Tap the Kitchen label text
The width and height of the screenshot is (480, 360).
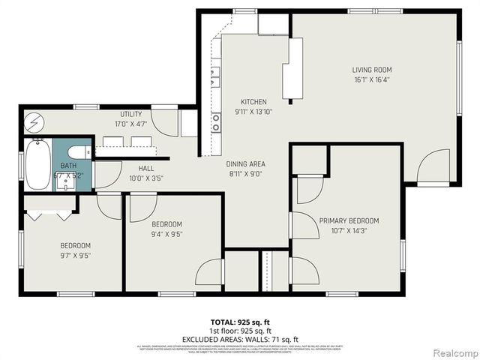(x=253, y=102)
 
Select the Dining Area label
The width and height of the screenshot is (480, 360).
(x=246, y=163)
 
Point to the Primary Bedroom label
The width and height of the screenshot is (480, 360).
(x=349, y=220)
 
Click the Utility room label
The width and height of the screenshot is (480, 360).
(x=131, y=114)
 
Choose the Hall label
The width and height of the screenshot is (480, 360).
(x=145, y=169)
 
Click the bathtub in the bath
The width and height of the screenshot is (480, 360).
(x=38, y=165)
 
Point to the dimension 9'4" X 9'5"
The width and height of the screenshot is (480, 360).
(x=166, y=234)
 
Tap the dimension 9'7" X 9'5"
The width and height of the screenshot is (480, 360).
(x=75, y=255)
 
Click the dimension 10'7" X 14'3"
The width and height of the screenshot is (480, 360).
(x=349, y=230)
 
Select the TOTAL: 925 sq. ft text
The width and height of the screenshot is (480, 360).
(x=241, y=321)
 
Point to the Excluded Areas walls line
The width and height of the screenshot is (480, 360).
(x=241, y=338)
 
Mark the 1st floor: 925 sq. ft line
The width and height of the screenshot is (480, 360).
(x=241, y=330)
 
